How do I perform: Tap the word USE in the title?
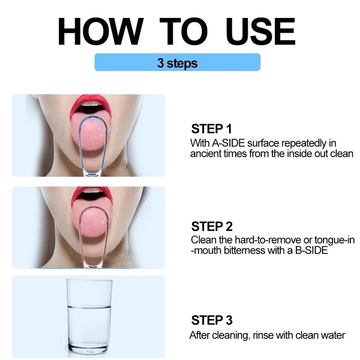(261, 31)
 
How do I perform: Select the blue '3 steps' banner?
(177, 62)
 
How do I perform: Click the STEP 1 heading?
(211, 129)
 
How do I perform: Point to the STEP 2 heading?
(211, 226)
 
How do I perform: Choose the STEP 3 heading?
(211, 320)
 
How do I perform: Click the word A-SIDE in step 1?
(228, 143)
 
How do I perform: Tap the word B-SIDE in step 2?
(311, 250)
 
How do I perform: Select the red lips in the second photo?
(91, 196)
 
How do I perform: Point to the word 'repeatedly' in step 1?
(303, 144)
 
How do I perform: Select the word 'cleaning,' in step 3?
(231, 336)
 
